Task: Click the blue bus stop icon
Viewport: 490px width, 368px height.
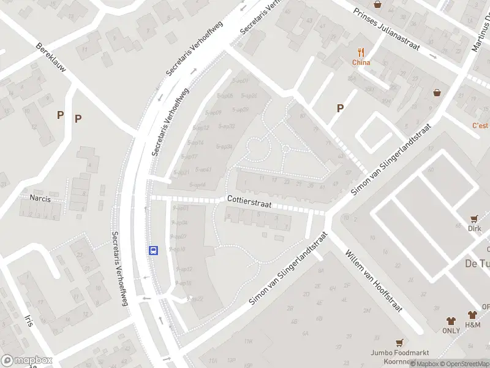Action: (x=153, y=250)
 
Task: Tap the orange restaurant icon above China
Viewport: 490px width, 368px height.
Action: (x=361, y=52)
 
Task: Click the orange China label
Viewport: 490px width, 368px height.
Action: (x=361, y=62)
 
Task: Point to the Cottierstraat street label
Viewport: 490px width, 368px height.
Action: (x=249, y=199)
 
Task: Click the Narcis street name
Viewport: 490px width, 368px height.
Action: (x=40, y=198)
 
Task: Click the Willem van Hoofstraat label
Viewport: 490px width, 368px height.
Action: (x=373, y=280)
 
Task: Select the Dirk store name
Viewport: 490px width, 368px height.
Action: (x=474, y=229)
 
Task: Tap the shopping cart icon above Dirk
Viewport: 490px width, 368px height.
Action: (x=474, y=219)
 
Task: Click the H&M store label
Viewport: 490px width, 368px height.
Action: (x=472, y=324)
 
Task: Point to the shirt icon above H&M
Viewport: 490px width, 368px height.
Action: (x=472, y=315)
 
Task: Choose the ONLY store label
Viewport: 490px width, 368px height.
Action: (x=451, y=331)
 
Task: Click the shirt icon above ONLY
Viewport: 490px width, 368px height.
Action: (x=451, y=321)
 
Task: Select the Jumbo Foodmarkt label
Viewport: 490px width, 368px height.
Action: (x=399, y=353)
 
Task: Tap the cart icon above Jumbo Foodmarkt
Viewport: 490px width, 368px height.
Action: (x=399, y=342)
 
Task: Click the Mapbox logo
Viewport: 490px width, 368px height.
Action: (x=26, y=361)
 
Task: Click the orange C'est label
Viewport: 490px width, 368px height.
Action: (x=480, y=126)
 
